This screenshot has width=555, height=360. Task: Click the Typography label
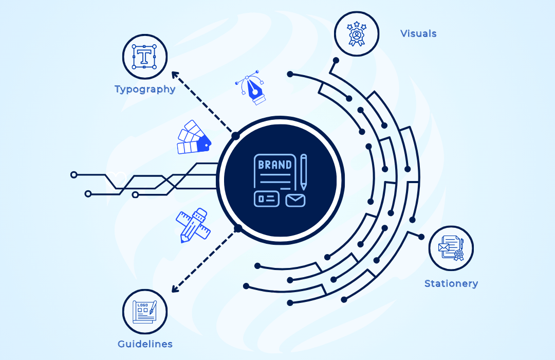point(145,89)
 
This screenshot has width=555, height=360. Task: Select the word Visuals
point(418,34)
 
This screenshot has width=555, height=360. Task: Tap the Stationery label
point(451,283)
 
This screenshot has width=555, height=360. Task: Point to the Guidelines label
point(145,344)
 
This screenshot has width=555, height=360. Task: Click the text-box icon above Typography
point(145,56)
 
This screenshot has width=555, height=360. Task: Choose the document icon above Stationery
point(451,248)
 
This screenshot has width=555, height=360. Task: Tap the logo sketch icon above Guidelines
point(145,312)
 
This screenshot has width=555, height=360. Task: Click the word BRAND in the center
point(275,165)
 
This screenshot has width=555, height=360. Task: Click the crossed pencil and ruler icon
point(193,225)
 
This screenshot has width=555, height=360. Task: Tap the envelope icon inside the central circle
point(295,200)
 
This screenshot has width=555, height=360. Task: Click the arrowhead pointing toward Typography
point(175,75)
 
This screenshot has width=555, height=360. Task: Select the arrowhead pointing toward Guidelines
point(175,289)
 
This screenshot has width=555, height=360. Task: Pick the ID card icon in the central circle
point(267,199)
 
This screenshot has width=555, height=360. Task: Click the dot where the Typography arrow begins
point(235,136)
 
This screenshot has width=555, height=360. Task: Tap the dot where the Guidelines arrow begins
point(238,228)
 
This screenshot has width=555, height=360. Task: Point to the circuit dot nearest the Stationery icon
point(421,237)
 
